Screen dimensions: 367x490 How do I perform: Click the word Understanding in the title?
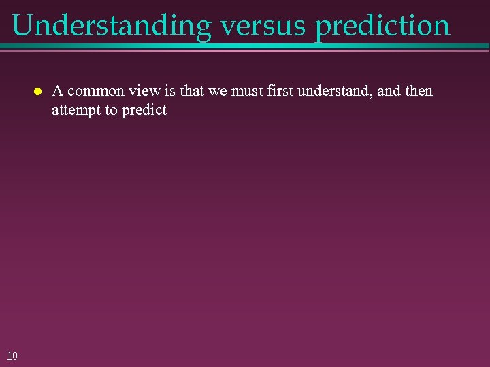pos(112,26)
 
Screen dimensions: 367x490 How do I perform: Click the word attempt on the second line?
pos(76,110)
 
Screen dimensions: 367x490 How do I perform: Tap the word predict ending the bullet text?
pos(144,110)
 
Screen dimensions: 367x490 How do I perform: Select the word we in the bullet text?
pos(216,91)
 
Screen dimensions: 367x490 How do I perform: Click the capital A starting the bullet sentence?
pos(58,91)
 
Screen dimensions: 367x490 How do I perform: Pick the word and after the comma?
pos(388,91)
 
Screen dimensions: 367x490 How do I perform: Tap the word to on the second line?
pos(111,110)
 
